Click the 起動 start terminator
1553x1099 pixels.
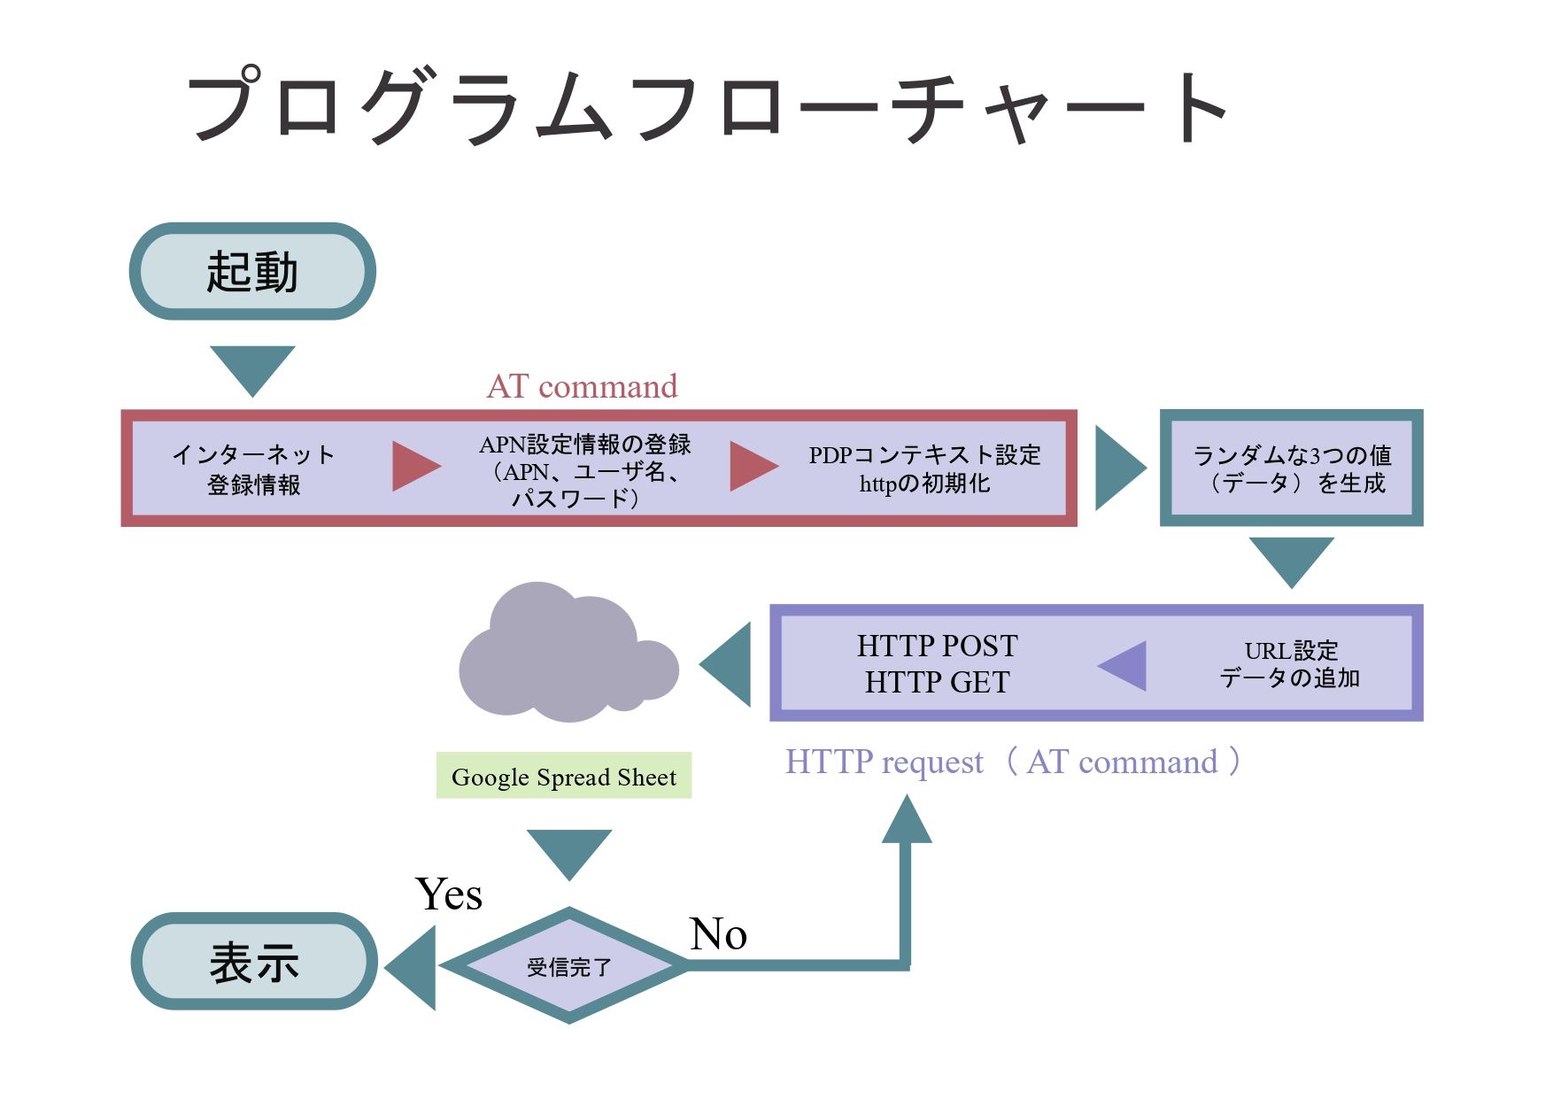(x=252, y=271)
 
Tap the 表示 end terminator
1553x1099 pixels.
(x=254, y=962)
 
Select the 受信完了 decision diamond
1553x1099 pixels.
(x=568, y=966)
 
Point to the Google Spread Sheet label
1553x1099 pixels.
(x=563, y=777)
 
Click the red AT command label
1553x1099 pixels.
(x=582, y=387)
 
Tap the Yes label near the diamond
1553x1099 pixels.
(x=449, y=894)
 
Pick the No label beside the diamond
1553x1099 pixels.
(x=718, y=934)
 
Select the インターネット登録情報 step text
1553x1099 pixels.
(x=254, y=469)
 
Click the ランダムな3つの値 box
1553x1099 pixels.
(x=1291, y=468)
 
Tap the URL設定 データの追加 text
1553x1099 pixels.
(x=1290, y=664)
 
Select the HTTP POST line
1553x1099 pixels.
(x=937, y=646)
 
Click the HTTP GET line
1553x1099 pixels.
(x=937, y=682)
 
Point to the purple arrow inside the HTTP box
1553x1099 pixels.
(x=1124, y=665)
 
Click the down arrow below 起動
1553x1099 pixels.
(x=252, y=368)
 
